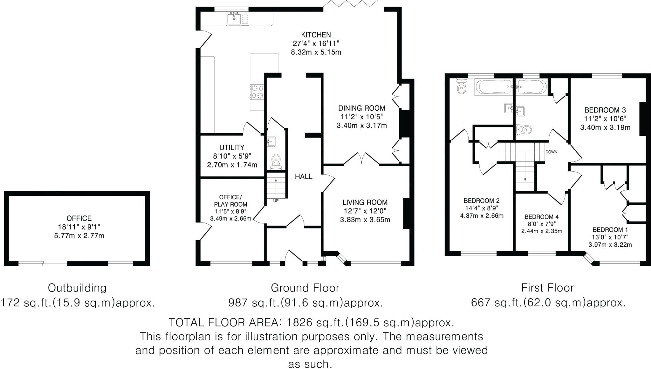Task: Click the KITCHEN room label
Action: (316, 35)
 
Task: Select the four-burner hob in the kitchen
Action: (257, 92)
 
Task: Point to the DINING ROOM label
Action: (361, 108)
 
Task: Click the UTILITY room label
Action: (232, 147)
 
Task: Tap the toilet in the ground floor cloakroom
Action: (276, 161)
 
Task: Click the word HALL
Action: (304, 176)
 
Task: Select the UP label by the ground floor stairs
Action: (276, 201)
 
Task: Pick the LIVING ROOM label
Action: (365, 202)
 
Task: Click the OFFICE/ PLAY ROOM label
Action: (230, 201)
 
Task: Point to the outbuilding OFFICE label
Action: (79, 218)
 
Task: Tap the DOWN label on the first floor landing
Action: (551, 152)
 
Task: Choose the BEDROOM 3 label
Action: (605, 110)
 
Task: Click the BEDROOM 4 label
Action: (542, 217)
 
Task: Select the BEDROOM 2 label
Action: (482, 201)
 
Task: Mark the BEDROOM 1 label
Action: (610, 229)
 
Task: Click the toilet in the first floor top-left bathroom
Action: (461, 86)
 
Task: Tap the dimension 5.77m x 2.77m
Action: (79, 236)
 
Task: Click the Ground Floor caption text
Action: (305, 288)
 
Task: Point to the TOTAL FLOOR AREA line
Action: (311, 323)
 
